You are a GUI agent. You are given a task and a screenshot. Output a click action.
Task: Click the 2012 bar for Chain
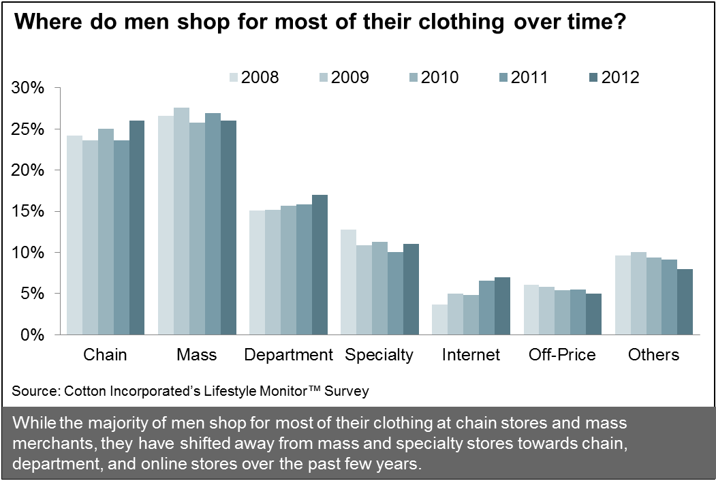coord(137,228)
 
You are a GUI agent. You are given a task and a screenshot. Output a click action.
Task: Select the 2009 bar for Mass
coord(181,221)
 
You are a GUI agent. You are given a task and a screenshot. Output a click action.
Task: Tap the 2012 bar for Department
coord(320,265)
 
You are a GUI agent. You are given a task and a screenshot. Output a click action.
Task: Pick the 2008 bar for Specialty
coord(348,282)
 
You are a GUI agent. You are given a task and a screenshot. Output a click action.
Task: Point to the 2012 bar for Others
coord(685,302)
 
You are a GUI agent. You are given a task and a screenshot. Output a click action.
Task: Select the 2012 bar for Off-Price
coord(594,314)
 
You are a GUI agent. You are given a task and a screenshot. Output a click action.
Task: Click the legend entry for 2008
coord(255,77)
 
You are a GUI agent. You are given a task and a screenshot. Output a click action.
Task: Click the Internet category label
coord(471,355)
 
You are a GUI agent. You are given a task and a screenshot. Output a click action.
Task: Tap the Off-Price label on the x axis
coord(563,355)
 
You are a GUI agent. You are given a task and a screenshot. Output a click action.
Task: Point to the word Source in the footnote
coord(33,391)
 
